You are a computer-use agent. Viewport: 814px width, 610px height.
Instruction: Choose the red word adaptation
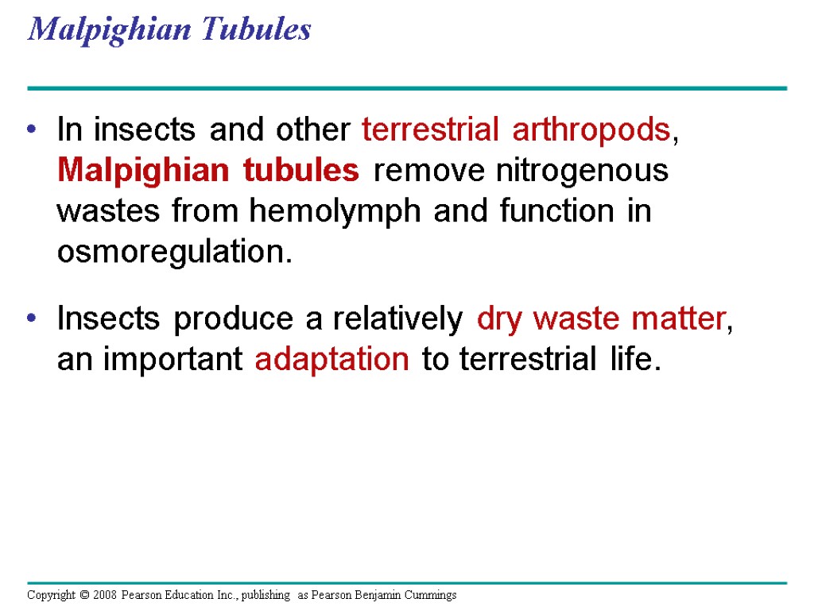[x=332, y=360]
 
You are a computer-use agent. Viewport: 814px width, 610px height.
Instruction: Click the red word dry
[x=501, y=319]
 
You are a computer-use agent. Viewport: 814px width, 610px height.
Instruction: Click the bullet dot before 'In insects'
[x=32, y=130]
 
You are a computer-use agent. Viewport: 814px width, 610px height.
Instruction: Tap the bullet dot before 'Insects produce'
[x=32, y=319]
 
